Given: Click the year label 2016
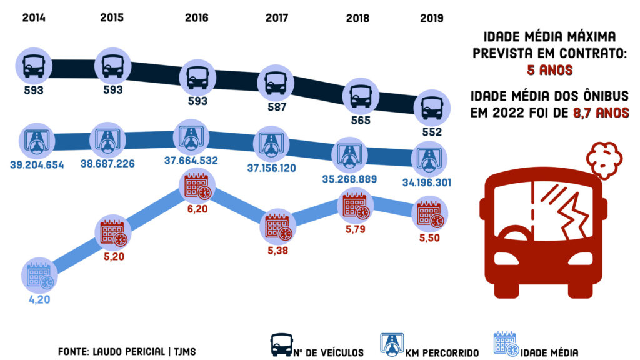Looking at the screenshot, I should pos(196,17).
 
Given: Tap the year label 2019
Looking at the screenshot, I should pos(431,18).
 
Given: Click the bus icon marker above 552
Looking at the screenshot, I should pos(431,107).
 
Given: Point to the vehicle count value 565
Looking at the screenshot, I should pos(361,121).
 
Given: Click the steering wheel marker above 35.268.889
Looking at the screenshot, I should pos(354,154).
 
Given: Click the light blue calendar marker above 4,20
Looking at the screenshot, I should pos(38,277).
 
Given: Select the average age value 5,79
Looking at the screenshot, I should pos(355,228).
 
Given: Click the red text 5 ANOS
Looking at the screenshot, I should pos(549,70).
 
